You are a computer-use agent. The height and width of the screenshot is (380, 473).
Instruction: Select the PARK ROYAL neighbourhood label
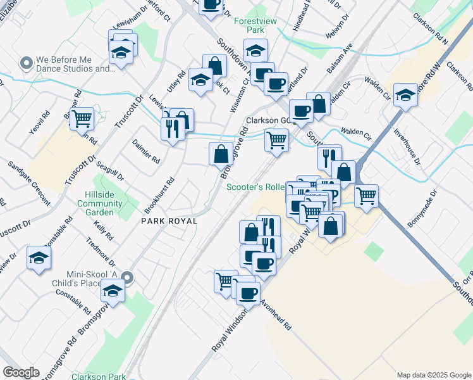tap(169, 221)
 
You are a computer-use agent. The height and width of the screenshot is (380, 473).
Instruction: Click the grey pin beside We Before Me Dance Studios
tap(26, 63)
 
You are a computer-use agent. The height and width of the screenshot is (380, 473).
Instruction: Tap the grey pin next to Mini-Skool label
tap(127, 277)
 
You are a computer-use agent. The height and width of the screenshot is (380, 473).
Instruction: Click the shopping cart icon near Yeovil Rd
tap(82, 118)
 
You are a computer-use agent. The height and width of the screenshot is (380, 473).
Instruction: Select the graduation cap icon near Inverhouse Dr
tap(405, 96)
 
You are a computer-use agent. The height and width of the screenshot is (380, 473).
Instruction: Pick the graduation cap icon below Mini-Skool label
tap(113, 292)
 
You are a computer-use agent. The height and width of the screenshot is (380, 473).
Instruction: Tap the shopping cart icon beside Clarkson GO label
tap(276, 139)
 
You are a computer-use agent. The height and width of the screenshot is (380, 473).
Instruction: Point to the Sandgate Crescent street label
tap(29, 183)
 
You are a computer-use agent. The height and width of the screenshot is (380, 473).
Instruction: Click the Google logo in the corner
tap(21, 372)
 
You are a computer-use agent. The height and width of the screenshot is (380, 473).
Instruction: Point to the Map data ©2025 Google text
tap(433, 375)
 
